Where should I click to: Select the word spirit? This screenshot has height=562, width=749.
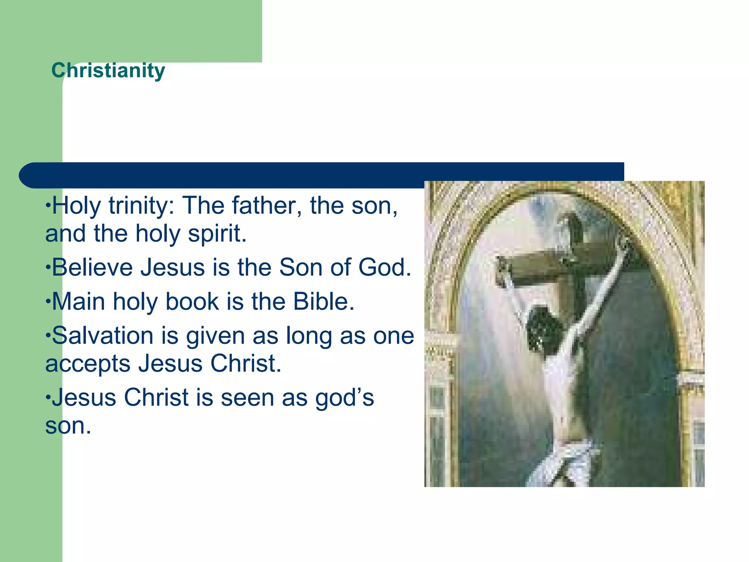click(x=217, y=234)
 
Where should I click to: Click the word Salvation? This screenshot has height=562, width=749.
click(x=103, y=336)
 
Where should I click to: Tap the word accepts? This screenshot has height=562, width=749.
click(x=88, y=364)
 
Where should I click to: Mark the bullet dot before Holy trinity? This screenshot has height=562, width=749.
click(x=48, y=205)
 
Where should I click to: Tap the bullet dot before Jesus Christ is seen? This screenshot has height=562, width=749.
click(x=48, y=397)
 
